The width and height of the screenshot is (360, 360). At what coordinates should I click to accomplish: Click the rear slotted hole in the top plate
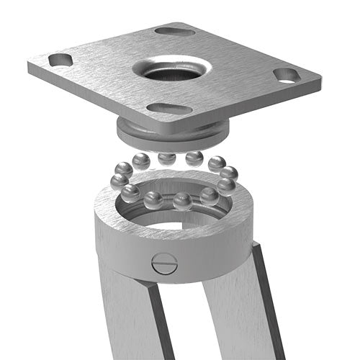tap(175, 31)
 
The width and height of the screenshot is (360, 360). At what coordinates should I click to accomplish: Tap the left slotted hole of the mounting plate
tap(60, 60)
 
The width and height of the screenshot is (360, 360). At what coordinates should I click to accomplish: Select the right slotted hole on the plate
tap(287, 75)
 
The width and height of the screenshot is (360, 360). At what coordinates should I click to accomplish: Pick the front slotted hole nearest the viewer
tap(165, 109)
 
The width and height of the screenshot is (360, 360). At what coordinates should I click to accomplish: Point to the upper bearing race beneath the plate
tap(173, 132)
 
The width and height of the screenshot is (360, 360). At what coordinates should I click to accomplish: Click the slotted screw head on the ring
tap(164, 264)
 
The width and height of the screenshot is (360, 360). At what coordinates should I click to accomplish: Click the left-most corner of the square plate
tap(30, 68)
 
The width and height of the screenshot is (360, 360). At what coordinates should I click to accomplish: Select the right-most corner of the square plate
tap(319, 77)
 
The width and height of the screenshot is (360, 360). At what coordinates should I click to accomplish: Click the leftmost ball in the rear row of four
tap(141, 161)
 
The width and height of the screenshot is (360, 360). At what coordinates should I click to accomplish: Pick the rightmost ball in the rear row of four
tap(215, 163)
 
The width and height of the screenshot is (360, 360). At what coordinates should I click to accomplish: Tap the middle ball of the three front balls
tap(182, 201)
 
